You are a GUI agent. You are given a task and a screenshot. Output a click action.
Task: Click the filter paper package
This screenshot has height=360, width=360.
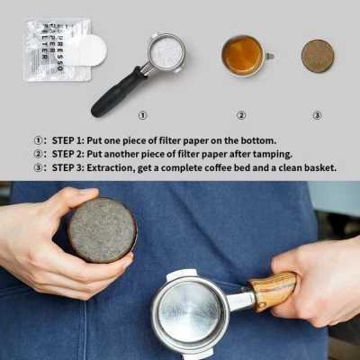[x=54, y=49]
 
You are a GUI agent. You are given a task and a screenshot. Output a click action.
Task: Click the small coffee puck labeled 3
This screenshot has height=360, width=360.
[x=317, y=56]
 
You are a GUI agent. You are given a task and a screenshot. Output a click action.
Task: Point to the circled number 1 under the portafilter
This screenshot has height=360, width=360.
[x=142, y=115]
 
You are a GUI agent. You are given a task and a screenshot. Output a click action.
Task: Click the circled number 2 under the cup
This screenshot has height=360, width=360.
[x=241, y=115]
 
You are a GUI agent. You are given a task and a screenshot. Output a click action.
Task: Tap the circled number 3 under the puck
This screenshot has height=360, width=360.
[x=317, y=115]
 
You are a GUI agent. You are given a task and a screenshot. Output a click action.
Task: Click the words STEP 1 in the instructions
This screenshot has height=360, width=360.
[x=74, y=140]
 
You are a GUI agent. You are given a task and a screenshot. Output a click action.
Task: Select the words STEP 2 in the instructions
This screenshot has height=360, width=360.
[x=74, y=154]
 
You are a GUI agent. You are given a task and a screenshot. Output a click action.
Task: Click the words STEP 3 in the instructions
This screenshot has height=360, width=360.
[x=74, y=167]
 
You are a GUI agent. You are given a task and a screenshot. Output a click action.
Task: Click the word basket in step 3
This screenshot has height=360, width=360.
[x=319, y=167]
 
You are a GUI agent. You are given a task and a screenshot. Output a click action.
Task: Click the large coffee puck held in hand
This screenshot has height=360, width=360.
[x=102, y=230]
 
